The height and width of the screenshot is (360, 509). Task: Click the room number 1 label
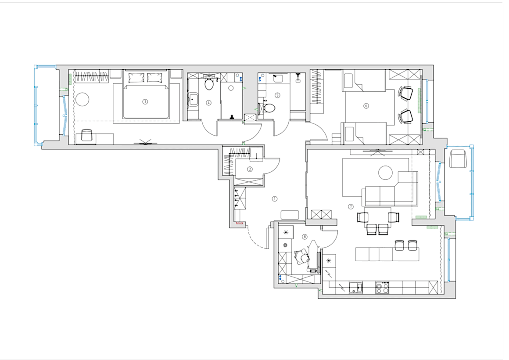[275, 198]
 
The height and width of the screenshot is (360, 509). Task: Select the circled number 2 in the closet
[250, 169]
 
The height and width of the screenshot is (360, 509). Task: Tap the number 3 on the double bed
[145, 102]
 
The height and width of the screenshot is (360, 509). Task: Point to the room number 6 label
[366, 106]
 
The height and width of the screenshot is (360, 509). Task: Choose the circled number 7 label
[351, 207]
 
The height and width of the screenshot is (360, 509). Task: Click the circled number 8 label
[305, 237]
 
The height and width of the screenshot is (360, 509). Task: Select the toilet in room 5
[269, 108]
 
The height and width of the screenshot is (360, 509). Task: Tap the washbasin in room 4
[194, 99]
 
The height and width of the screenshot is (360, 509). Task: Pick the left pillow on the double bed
[136, 78]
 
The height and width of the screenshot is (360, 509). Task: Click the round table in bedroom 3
[82, 99]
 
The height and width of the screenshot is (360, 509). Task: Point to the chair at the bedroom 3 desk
[87, 135]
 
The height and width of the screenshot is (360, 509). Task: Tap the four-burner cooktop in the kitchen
[382, 288]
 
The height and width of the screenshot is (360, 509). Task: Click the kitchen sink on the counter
[356, 288]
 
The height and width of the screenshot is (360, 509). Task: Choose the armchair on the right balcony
[458, 159]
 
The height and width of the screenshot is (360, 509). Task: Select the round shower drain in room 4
[231, 88]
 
